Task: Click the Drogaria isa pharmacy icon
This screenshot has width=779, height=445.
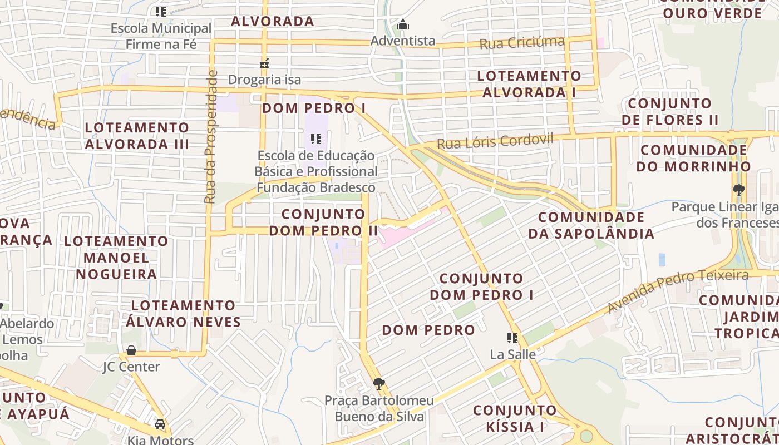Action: (264, 63)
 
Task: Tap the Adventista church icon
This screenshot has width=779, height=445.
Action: (403, 25)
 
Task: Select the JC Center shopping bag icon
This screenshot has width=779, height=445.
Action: (131, 350)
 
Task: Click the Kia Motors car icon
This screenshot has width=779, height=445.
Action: (160, 424)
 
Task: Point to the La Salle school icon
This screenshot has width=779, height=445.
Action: (512, 338)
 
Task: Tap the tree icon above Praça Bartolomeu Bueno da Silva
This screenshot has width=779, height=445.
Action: (379, 384)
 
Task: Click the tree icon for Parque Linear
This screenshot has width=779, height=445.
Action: (739, 190)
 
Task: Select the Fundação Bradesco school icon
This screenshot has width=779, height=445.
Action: (316, 139)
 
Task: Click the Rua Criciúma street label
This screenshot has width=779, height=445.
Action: (522, 42)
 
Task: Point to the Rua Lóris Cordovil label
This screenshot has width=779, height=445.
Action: (495, 141)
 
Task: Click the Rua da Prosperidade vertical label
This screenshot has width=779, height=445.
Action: (210, 137)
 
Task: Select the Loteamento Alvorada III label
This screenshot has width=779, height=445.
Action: (137, 136)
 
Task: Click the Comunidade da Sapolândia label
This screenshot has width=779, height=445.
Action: (591, 225)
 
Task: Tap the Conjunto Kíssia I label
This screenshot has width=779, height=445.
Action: (515, 418)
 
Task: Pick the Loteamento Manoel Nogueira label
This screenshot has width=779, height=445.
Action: (116, 258)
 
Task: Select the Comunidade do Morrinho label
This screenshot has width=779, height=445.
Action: (696, 158)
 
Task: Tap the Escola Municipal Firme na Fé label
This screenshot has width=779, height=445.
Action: (161, 36)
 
